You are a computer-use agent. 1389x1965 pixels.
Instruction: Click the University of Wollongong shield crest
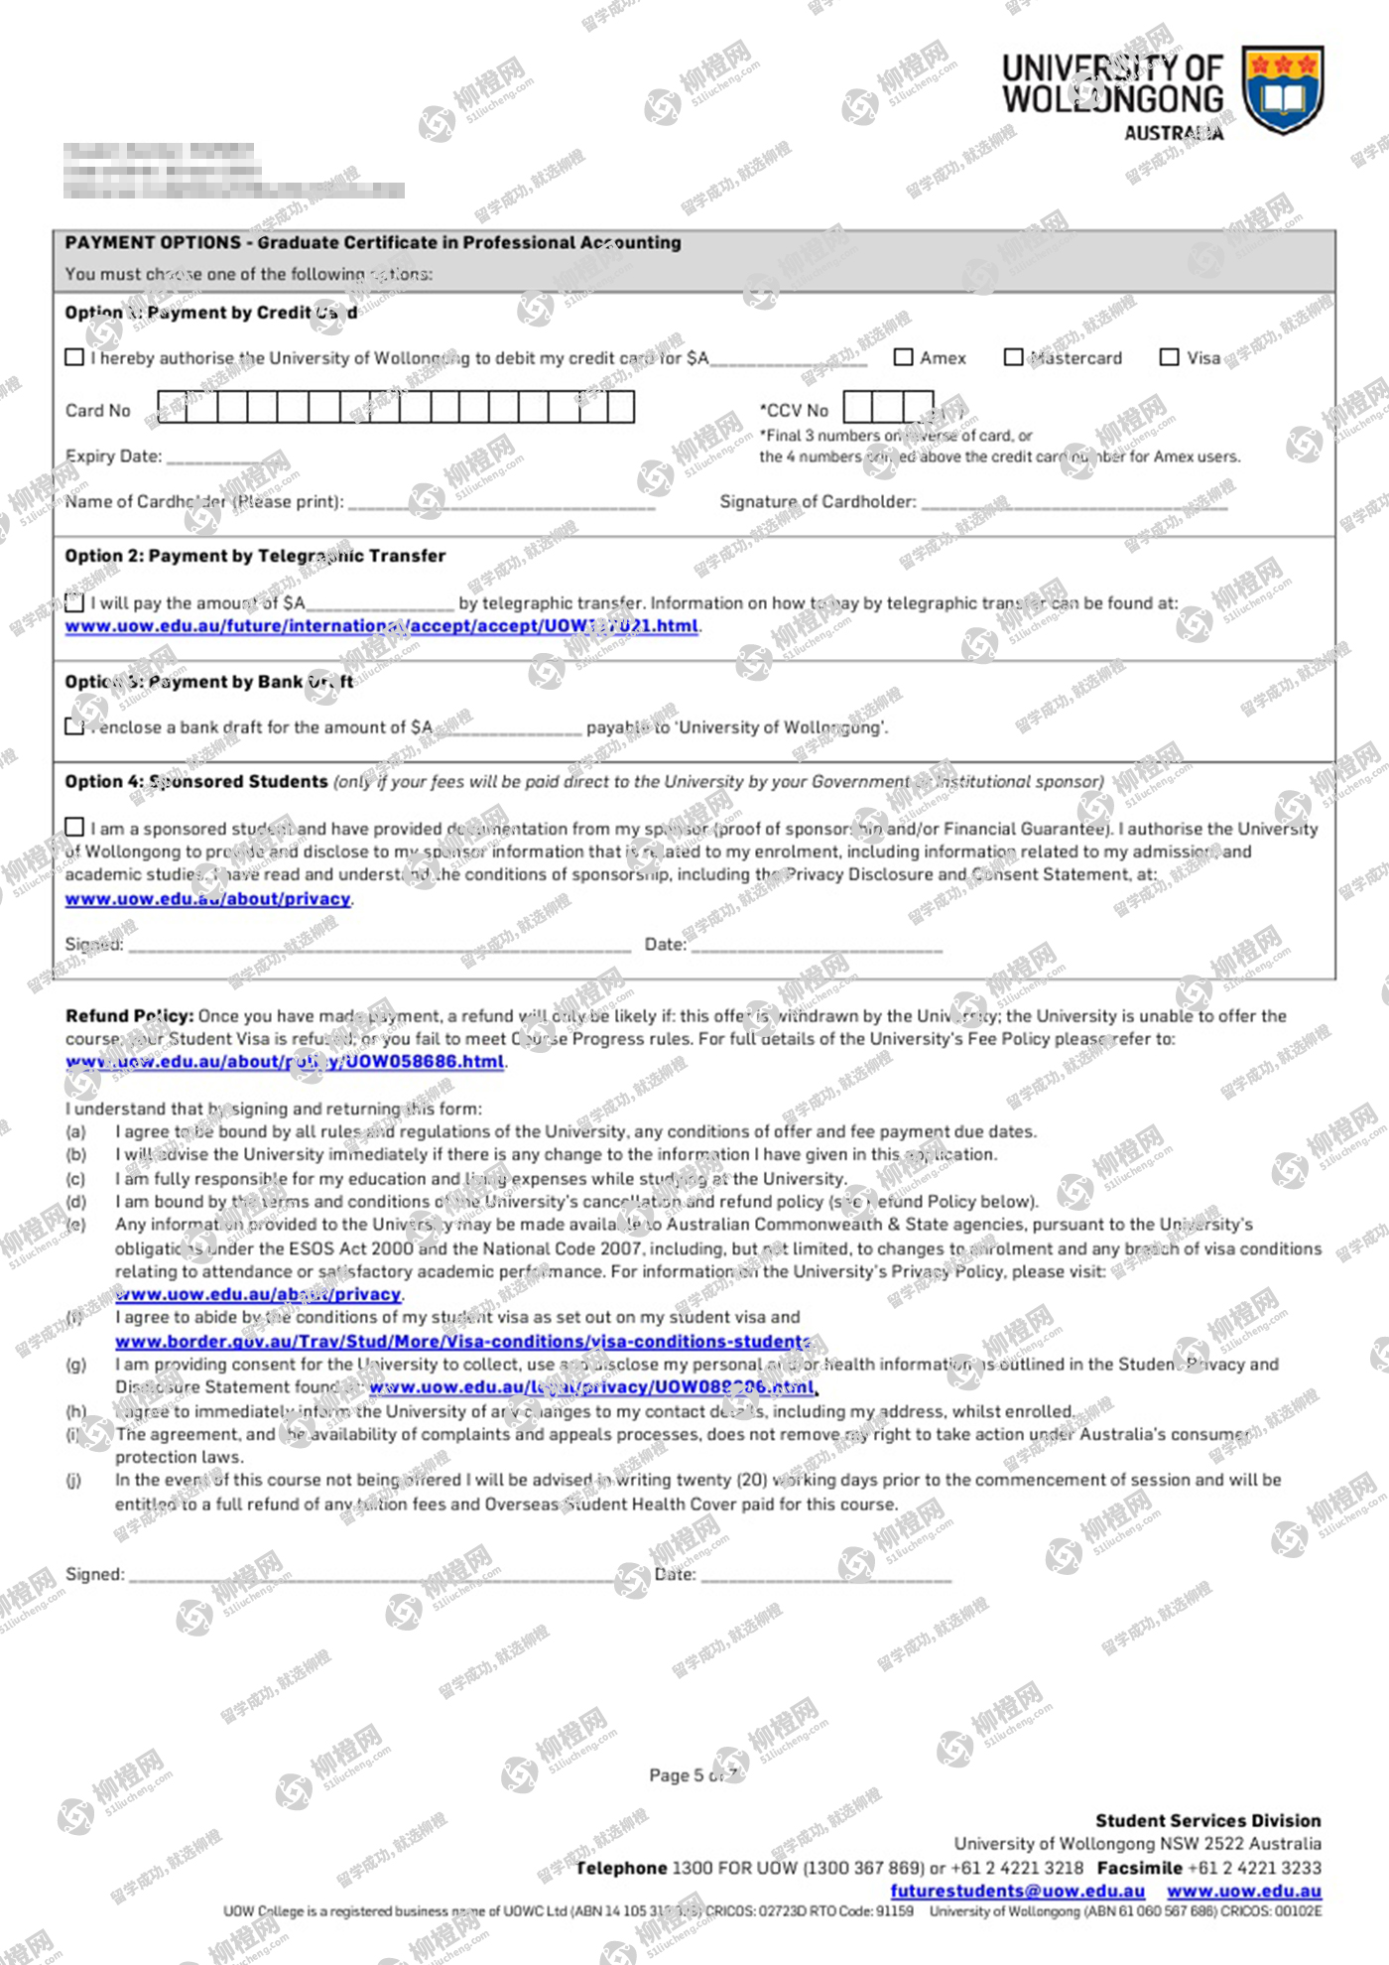1283,88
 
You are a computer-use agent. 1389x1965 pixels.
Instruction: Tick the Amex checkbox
903,357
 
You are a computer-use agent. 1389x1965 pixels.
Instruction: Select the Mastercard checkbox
1013,357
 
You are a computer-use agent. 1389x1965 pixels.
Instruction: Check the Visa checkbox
1170,357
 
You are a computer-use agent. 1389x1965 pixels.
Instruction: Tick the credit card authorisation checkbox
74,357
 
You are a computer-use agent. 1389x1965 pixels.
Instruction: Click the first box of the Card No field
173,407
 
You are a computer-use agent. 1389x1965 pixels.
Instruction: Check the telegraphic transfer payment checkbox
74,602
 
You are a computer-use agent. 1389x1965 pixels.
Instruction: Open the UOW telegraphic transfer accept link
382,626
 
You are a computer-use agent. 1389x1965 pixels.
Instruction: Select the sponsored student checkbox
74,828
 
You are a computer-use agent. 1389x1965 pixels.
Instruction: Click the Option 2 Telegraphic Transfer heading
255,556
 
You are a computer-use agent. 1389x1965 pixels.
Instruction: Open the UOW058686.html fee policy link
286,1062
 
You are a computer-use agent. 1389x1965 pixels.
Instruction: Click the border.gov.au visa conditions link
462,1342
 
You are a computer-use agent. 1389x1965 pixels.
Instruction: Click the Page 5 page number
693,1775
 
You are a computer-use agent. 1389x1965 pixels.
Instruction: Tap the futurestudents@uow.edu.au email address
1017,1892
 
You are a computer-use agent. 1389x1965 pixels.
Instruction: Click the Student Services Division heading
1207,1821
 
